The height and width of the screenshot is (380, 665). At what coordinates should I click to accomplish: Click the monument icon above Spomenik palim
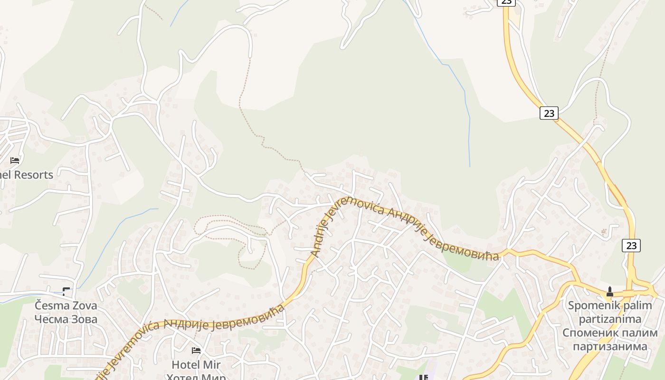[x=610, y=291]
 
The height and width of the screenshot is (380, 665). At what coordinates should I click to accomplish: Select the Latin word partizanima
[x=610, y=319]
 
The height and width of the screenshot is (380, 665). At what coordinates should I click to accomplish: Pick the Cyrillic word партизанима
[x=610, y=346]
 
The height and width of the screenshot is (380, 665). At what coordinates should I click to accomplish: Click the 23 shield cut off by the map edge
[x=506, y=2]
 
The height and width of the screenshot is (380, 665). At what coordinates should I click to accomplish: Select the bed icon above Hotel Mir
[x=196, y=351]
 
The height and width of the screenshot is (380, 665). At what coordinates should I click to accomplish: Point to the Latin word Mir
[x=212, y=365]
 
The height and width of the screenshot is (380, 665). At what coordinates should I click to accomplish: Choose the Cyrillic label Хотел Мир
[x=196, y=377]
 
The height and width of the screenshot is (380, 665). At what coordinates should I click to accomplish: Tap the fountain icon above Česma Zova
[x=66, y=291]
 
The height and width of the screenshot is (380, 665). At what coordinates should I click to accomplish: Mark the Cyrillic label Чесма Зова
[x=66, y=319]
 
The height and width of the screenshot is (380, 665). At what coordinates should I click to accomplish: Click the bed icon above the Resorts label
[x=15, y=160]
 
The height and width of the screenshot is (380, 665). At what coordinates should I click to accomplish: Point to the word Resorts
[x=33, y=174]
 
